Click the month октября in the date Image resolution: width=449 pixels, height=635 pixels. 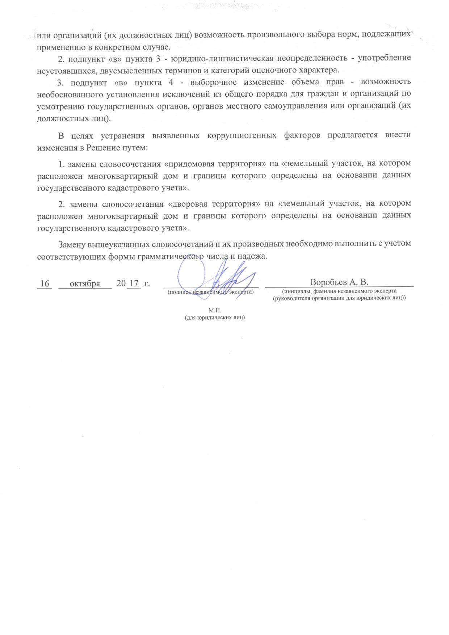pyautogui.click(x=85, y=283)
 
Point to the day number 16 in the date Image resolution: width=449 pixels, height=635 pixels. pyautogui.click(x=45, y=283)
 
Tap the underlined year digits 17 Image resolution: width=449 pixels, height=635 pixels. pyautogui.click(x=134, y=283)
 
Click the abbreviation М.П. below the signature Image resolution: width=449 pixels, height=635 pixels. pyautogui.click(x=215, y=311)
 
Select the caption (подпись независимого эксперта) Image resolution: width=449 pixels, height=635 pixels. pyautogui.click(x=210, y=292)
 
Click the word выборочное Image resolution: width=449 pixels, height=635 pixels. pyautogui.click(x=213, y=82)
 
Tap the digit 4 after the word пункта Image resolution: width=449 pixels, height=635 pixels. pyautogui.click(x=171, y=82)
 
